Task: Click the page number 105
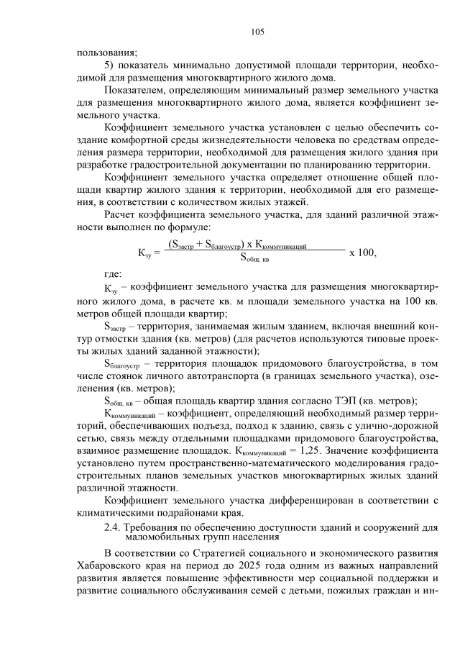pyautogui.click(x=258, y=32)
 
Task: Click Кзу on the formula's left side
pyautogui.click(x=144, y=253)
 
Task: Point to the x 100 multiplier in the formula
pyautogui.click(x=362, y=252)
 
